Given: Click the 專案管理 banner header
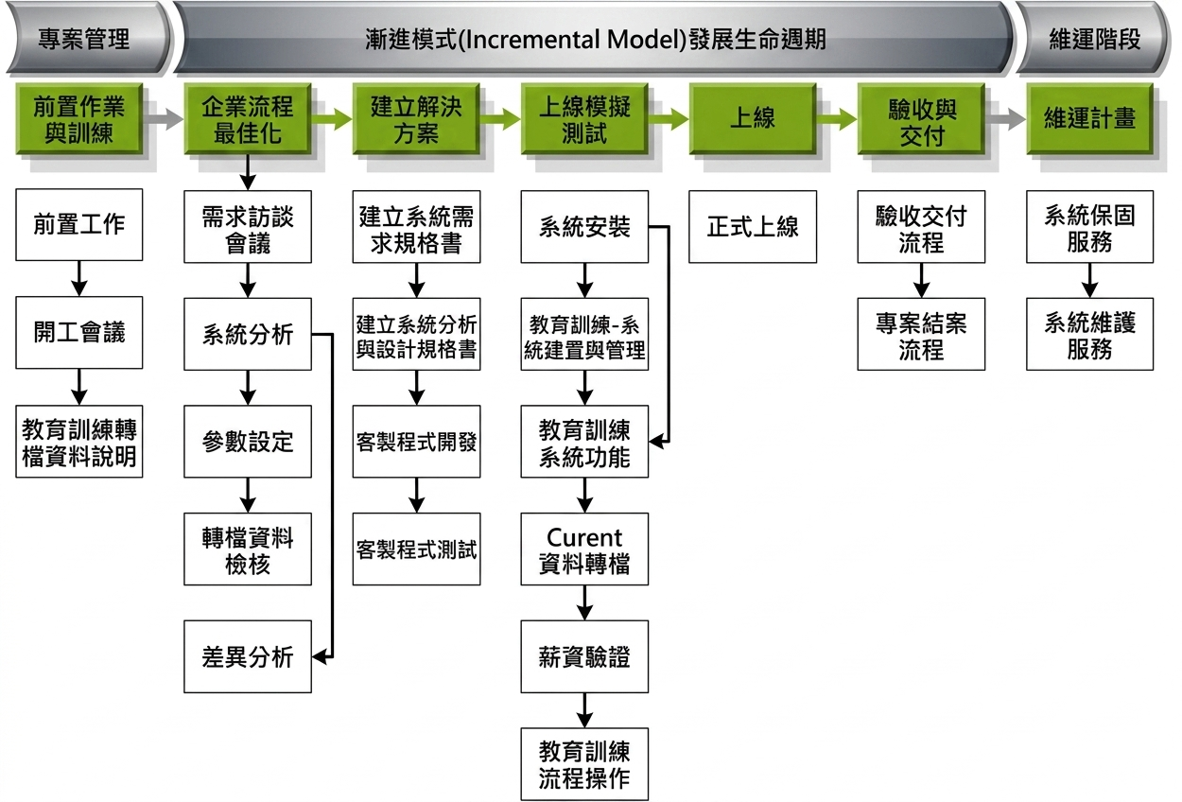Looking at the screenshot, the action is point(84,38).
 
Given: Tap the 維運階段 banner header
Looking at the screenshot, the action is point(1094,38).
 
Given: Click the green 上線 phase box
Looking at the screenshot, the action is point(753,118).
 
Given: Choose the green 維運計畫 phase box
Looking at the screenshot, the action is point(1089,118).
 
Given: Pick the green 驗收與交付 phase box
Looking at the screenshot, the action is point(921,118).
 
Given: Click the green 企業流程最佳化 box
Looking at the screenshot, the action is point(248,118).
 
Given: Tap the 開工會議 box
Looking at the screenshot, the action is point(79,332).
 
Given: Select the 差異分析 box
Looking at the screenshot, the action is point(248,657).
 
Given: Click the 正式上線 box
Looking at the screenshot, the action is point(753,227).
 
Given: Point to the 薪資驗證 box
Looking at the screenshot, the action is point(584,657).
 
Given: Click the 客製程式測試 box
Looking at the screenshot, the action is point(416,549).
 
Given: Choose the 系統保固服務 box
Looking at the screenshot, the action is point(1089,227).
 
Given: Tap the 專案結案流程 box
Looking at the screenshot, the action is point(921,334).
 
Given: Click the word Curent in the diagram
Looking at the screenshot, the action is point(584,537).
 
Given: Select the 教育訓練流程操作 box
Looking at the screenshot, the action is point(584,764).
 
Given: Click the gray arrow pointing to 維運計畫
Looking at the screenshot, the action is point(1005,119).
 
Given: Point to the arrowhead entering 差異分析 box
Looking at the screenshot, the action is point(319,657).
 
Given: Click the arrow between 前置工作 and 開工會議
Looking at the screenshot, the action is point(79,279).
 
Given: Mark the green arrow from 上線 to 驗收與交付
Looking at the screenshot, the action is point(837,119).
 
